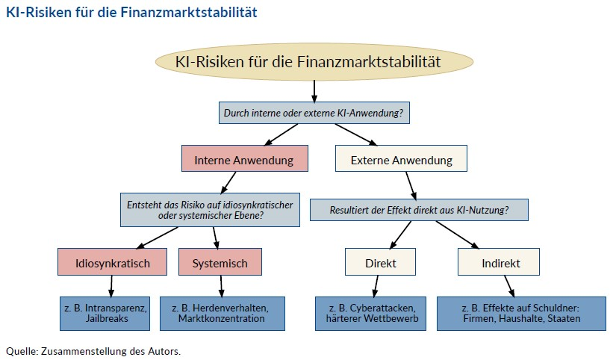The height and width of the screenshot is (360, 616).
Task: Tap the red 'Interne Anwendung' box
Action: [x=244, y=160]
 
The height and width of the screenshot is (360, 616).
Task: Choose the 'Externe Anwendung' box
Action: [x=401, y=160]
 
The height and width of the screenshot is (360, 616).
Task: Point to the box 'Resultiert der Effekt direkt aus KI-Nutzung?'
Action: [x=419, y=210]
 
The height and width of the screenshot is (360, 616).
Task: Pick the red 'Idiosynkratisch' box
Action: [x=113, y=263]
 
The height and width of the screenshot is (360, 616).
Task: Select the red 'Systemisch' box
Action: [x=220, y=263]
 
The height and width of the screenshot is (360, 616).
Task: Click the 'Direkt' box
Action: [x=380, y=263]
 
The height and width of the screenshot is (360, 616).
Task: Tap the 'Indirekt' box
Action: [x=500, y=263]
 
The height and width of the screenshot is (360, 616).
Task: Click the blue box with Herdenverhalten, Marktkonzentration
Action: [x=222, y=313]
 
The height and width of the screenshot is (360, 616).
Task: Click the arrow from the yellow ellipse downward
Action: [x=314, y=91]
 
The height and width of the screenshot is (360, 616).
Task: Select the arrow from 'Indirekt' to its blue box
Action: [x=508, y=286]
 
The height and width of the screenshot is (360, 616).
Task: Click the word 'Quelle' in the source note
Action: [x=20, y=350]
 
